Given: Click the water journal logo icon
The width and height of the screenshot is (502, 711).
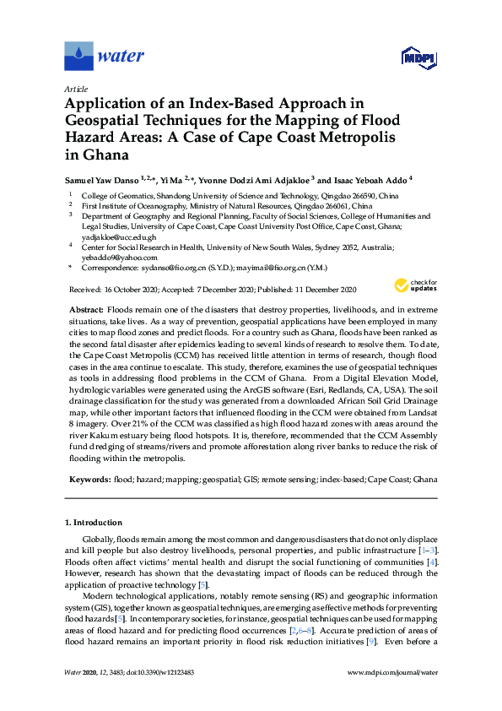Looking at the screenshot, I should (78, 56).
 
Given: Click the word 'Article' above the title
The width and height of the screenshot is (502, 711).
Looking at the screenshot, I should (75, 88).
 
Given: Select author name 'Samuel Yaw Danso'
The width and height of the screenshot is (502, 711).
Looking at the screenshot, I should (100, 179).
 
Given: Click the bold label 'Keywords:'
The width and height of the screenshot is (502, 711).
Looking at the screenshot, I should (89, 479).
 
